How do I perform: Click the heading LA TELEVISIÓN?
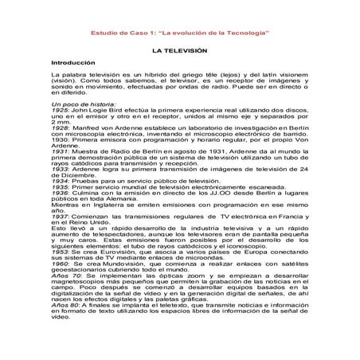[x=180, y=49]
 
